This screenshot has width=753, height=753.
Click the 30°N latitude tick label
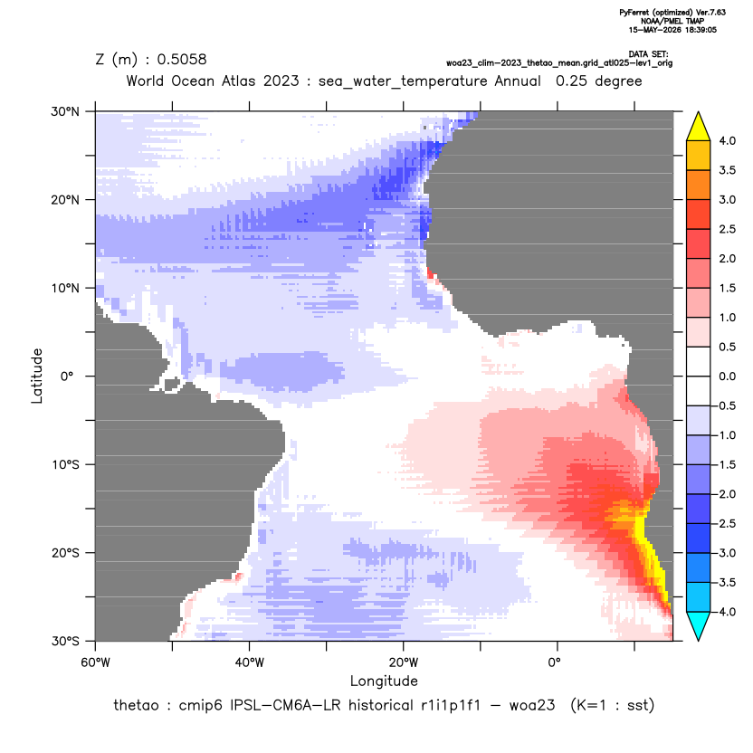(x=65, y=111)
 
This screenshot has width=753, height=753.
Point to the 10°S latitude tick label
(x=66, y=465)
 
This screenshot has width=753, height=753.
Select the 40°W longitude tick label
(x=249, y=662)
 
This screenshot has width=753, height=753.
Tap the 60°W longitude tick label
(x=95, y=662)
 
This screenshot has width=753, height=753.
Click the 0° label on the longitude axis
(x=554, y=662)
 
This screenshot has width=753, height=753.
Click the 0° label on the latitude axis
(x=67, y=376)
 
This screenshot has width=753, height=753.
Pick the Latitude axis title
(x=37, y=376)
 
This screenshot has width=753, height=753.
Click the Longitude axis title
(x=384, y=681)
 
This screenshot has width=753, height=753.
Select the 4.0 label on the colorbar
(x=727, y=140)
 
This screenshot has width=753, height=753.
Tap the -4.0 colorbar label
(x=725, y=612)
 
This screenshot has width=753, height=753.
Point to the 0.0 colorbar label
(x=727, y=376)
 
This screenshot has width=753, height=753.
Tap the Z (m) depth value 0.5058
(x=182, y=59)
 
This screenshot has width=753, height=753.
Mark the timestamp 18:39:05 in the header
(x=696, y=30)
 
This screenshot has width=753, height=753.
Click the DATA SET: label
(x=648, y=54)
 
